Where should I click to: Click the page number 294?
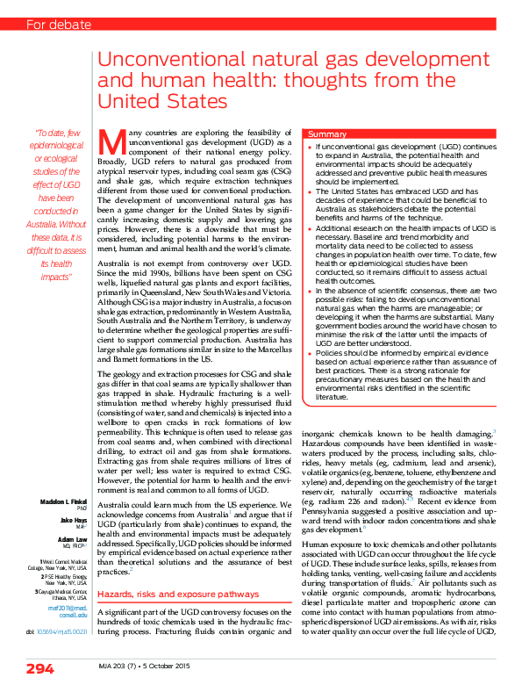(39, 667)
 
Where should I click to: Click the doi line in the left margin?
(55, 631)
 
